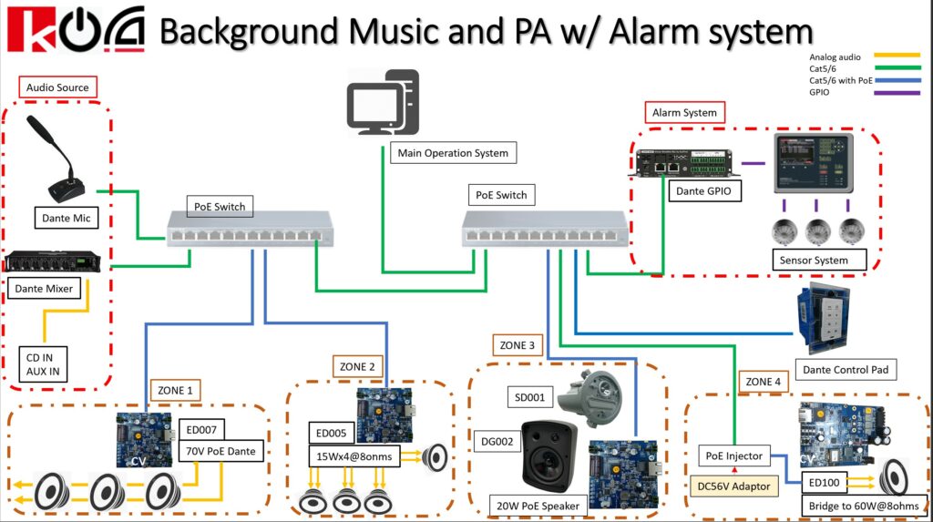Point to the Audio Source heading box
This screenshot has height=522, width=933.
click(x=57, y=87)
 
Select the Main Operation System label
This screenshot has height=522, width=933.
click(x=453, y=152)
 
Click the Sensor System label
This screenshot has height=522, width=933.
click(x=814, y=260)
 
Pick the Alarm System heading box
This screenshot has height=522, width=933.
click(x=684, y=113)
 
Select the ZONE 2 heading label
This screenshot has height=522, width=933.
click(x=357, y=366)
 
